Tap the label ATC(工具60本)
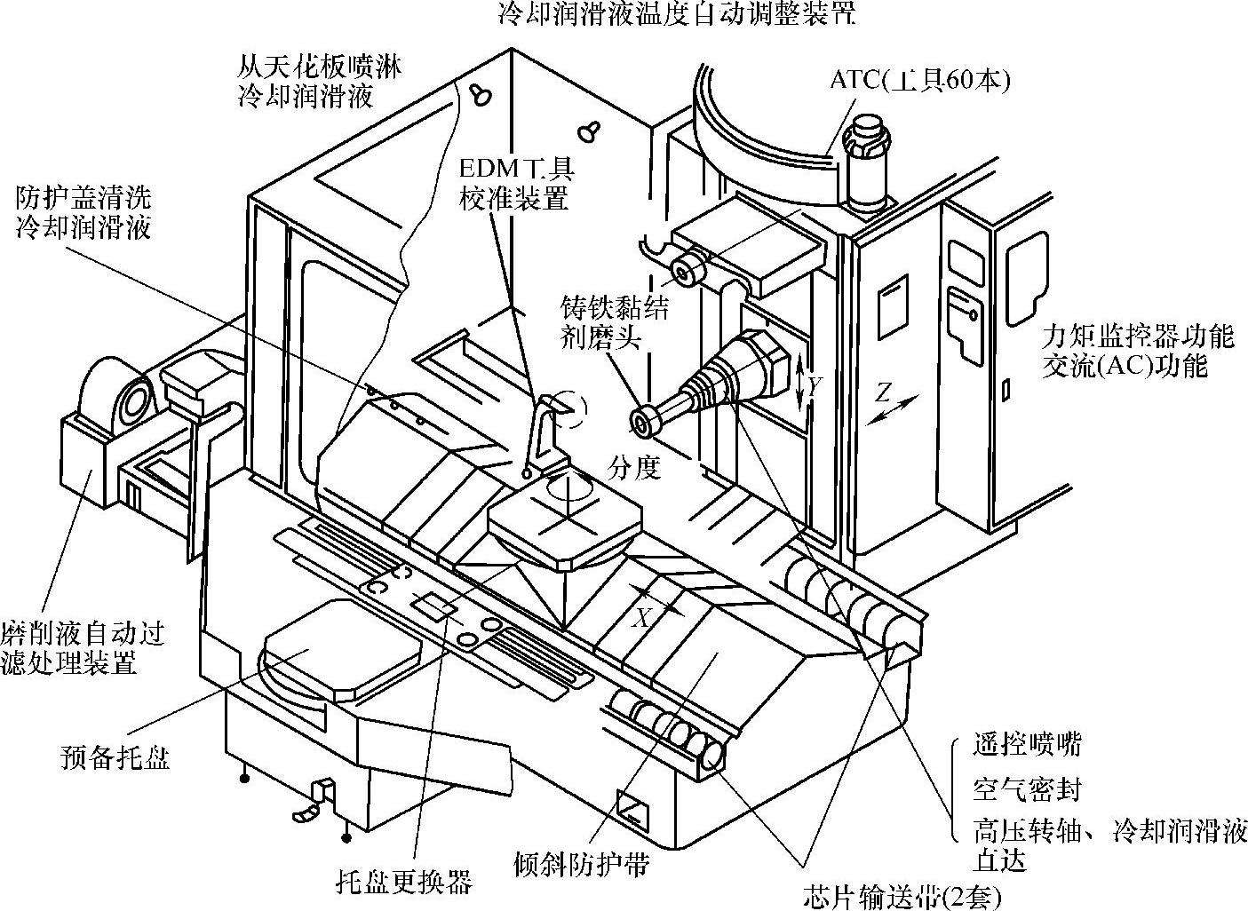[920, 80]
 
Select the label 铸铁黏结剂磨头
[614, 321]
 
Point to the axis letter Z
[882, 392]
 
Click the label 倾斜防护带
[582, 863]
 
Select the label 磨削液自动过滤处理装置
[83, 648]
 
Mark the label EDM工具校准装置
[514, 183]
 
